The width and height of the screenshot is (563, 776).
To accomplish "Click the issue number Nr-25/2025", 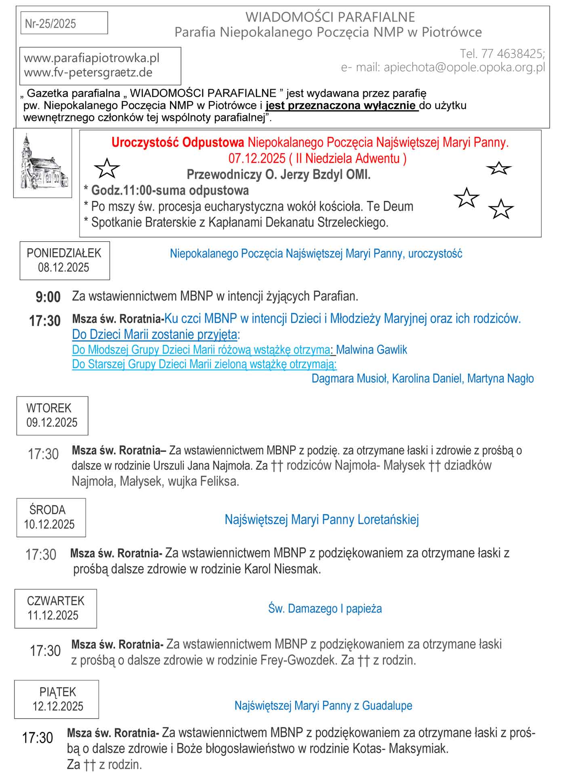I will (x=50, y=24).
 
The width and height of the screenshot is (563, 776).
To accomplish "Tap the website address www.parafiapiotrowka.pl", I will (x=92, y=58).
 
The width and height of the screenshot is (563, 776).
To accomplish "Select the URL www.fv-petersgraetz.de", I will (x=88, y=73).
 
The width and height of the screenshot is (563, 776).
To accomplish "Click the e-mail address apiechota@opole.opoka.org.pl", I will (x=464, y=67).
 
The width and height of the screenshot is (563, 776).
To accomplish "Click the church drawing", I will (x=42, y=163).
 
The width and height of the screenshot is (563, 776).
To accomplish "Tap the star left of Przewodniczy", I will (x=107, y=169).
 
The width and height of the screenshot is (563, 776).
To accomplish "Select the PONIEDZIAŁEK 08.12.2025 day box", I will (x=64, y=260).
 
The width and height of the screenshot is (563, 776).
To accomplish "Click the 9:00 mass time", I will (x=48, y=297).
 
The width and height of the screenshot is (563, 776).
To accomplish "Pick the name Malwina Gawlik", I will (x=372, y=350).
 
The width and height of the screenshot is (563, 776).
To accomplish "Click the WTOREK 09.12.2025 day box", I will (x=52, y=415).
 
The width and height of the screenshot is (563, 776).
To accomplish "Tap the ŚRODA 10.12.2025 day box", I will (x=50, y=517).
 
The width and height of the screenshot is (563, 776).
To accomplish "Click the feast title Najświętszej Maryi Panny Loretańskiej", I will (x=321, y=519).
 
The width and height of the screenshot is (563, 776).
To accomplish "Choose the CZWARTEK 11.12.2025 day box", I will (x=55, y=608).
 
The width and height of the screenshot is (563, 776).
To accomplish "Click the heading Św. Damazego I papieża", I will (x=325, y=609).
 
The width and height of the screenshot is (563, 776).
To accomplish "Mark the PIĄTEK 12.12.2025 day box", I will (x=57, y=699).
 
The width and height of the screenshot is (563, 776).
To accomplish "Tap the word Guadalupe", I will (x=387, y=706).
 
